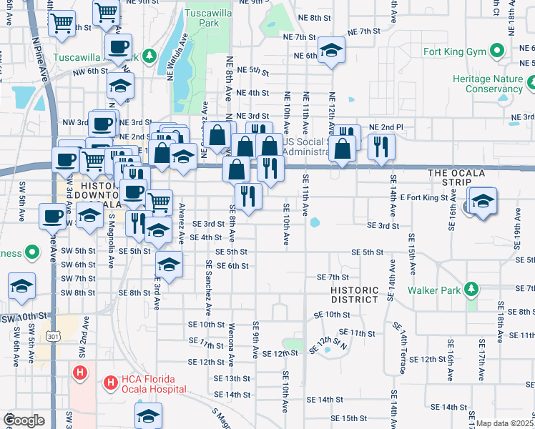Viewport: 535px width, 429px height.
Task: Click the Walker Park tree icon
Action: click(x=471, y=289)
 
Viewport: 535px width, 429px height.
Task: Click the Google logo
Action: click(x=24, y=420)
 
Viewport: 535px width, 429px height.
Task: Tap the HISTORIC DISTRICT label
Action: click(x=354, y=295)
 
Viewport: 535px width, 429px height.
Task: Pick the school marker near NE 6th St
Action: click(x=331, y=50)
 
